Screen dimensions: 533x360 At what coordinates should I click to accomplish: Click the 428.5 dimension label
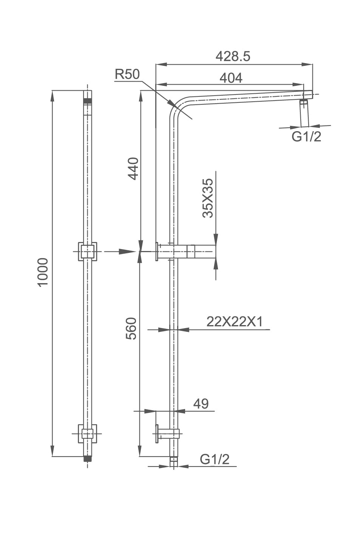pyautogui.click(x=233, y=56)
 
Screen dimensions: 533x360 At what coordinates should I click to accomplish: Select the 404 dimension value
pyautogui.click(x=231, y=78)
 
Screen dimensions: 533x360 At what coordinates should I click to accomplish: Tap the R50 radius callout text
pyautogui.click(x=127, y=74)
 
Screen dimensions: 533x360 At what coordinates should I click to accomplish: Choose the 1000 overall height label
pyautogui.click(x=43, y=272)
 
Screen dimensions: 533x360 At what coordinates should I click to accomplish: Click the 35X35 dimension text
pyautogui.click(x=208, y=198)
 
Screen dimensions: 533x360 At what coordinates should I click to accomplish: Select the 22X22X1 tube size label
pyautogui.click(x=234, y=322)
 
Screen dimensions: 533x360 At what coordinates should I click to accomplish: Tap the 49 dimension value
pyautogui.click(x=201, y=404)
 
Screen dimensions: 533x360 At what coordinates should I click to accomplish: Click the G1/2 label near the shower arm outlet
pyautogui.click(x=306, y=136)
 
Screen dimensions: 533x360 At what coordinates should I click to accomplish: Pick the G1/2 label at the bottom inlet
pyautogui.click(x=215, y=459)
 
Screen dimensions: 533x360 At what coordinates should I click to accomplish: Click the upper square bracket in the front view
pyautogui.click(x=87, y=251)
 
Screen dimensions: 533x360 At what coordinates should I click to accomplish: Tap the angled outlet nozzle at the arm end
pyautogui.click(x=304, y=113)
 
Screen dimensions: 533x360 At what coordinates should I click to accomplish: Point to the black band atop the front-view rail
pyautogui.click(x=88, y=101)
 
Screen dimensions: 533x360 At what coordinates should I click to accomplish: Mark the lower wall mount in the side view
pyautogui.click(x=166, y=433)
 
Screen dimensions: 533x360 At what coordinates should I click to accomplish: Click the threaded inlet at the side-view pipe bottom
pyautogui.click(x=173, y=461)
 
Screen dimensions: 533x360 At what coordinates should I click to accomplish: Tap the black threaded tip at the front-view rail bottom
pyautogui.click(x=88, y=459)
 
